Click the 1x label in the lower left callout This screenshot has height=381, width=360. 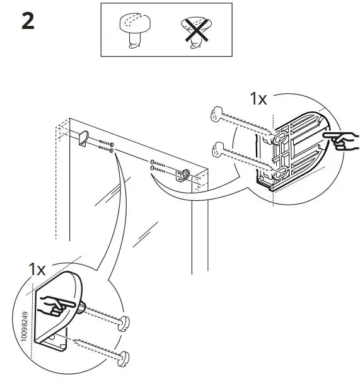(x=37, y=269)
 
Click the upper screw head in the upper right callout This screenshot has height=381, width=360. (x=216, y=113)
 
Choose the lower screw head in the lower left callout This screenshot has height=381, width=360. (x=123, y=361)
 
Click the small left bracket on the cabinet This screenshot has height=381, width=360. (x=82, y=138)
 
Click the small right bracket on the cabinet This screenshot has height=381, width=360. (x=184, y=174)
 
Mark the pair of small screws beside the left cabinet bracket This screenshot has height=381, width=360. (x=104, y=147)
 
